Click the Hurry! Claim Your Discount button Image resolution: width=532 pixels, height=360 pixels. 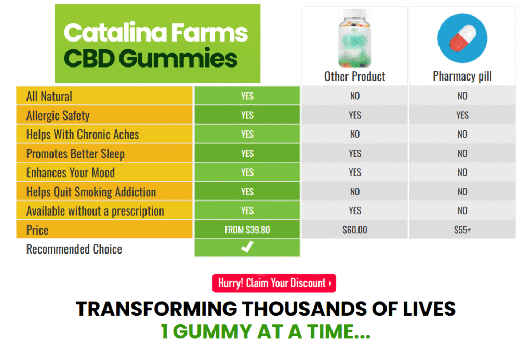[274, 283]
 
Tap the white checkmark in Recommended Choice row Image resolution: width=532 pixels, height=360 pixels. [247, 248]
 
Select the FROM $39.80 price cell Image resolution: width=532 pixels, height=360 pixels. [247, 230]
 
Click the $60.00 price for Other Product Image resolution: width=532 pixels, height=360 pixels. [355, 230]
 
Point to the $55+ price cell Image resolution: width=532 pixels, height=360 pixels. [462, 230]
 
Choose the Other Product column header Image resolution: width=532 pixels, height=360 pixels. [355, 77]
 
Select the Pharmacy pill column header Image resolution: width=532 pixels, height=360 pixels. [462, 77]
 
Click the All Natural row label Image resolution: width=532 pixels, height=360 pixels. [49, 96]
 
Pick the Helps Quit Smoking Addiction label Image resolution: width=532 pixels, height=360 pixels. [91, 192]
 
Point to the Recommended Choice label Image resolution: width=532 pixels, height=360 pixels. [74, 249]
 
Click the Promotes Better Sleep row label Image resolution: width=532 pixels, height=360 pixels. [75, 154]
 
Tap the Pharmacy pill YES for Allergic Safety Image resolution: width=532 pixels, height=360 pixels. [462, 115]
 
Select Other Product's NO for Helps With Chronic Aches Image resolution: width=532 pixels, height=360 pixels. [355, 135]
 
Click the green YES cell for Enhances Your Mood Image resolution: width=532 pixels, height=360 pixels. [247, 172]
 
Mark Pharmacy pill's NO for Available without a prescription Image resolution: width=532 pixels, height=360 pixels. [462, 211]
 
